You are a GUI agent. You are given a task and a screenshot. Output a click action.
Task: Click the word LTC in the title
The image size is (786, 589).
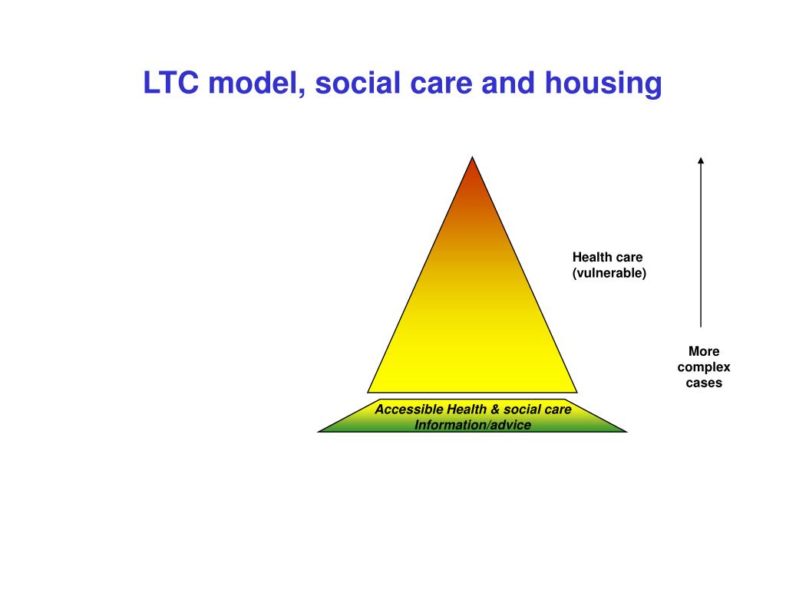pos(170,84)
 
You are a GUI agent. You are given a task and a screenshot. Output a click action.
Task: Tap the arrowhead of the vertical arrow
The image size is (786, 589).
pos(700,160)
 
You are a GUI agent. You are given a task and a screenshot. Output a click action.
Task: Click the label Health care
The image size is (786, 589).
pos(607,258)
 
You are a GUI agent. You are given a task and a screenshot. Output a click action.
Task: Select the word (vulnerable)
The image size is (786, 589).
pos(609,273)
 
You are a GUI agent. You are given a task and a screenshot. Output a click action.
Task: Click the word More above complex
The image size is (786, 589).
pos(704,351)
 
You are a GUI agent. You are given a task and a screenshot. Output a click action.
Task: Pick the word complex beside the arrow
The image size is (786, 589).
pos(704,367)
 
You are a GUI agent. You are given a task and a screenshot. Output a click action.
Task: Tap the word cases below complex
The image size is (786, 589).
pos(704,383)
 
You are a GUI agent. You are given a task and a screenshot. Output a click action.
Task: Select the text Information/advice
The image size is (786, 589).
pos(473,425)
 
